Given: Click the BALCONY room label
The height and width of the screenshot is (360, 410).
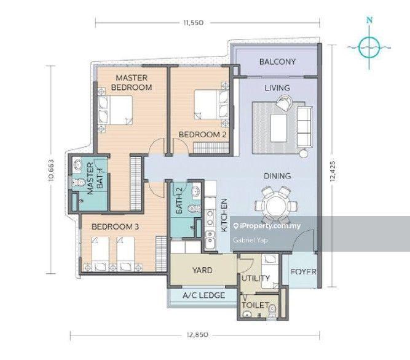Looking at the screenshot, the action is pos(277,62).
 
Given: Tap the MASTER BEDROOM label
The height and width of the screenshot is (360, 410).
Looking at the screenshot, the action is pos(132,82).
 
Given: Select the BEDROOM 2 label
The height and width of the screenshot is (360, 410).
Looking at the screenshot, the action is pos(202,135).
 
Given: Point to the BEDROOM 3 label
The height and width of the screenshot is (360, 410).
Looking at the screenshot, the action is pos(115,226).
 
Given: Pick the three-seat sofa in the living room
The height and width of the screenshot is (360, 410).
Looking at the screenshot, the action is pos(305,127).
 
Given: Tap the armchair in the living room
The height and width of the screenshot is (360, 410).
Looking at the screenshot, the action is pos(284,103).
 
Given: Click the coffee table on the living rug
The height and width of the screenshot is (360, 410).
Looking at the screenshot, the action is pos(278,128).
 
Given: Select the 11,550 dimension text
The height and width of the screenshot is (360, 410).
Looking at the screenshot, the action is pos(194,23).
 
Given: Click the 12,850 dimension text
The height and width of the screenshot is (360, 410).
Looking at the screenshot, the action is pos(198,335).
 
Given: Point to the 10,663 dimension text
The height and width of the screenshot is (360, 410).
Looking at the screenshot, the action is pos(51,170).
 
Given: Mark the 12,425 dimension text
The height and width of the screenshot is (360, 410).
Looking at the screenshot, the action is pos(333,171).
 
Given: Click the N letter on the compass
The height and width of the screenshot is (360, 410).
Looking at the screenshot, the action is pos(369,20).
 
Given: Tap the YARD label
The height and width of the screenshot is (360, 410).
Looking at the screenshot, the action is pos(202,270).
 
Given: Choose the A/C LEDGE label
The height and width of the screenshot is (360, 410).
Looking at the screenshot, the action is pos(203,295).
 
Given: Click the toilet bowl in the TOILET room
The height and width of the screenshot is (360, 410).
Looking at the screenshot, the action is pos(272,310).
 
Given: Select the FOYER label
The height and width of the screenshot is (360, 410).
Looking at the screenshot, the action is pos(303,272).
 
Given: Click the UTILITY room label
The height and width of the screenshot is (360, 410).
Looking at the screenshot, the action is pos(256,278).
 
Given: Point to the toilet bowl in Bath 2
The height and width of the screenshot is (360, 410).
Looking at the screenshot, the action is pos(194,209).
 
